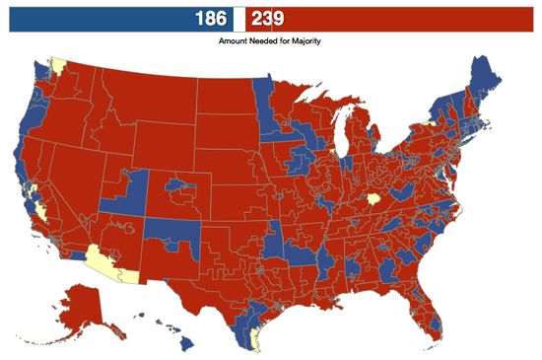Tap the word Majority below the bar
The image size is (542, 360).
point(301,42)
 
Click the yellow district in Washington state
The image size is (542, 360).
point(57,67)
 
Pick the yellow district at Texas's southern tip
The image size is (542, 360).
point(256,341)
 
